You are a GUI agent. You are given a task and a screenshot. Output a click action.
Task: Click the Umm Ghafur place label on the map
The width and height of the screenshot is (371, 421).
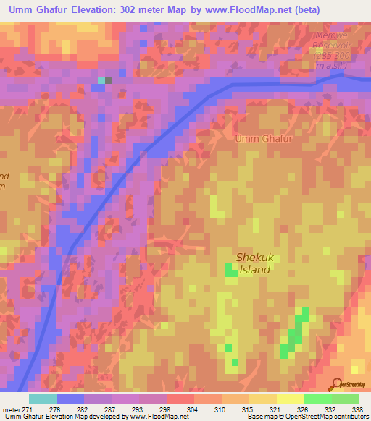[x=263, y=137]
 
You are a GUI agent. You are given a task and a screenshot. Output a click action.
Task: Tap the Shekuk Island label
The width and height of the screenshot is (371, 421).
[x=253, y=263]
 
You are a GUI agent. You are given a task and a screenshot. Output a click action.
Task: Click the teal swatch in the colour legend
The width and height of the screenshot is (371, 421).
[x=43, y=399]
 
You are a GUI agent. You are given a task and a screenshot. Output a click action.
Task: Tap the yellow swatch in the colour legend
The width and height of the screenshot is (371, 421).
[x=290, y=399]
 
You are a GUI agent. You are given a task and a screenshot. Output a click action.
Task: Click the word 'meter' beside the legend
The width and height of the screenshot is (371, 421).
[x=10, y=409]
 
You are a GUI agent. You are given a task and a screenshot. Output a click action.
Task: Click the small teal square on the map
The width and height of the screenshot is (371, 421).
[x=101, y=80]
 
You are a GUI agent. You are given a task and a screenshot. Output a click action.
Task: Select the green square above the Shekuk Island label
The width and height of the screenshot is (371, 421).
[x=231, y=271]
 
